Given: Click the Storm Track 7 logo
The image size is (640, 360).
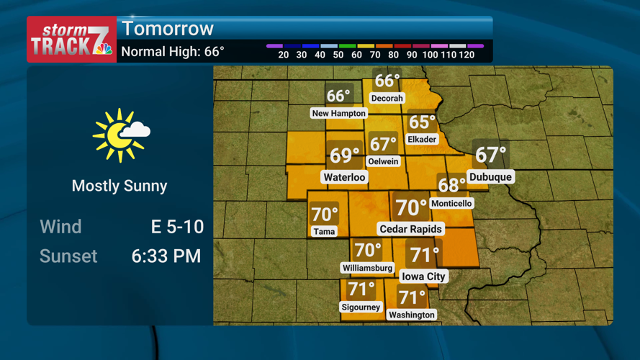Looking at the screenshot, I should (71, 40).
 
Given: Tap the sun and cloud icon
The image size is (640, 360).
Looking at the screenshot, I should (120, 135).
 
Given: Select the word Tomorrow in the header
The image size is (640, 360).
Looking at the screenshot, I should (168, 29).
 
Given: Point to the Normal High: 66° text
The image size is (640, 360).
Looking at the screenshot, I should (173, 52).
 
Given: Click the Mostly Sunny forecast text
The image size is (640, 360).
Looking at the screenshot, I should (120, 186).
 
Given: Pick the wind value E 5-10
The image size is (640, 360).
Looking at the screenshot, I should (177, 227).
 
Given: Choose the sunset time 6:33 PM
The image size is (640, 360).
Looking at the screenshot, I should (166, 256).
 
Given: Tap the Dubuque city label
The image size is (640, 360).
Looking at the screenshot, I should (490, 177).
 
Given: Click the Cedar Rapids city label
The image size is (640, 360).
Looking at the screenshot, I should (411, 229).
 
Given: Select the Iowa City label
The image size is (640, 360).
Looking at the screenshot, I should (423, 276).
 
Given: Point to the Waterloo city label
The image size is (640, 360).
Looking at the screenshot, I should (345, 177).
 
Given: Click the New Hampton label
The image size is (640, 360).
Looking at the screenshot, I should (338, 113).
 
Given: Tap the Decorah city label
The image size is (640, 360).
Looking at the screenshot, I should (387, 98).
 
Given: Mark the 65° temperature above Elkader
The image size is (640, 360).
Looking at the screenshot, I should (422, 122).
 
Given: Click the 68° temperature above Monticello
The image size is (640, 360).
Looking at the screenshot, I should (451, 186).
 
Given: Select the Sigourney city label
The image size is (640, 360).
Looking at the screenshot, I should (361, 307).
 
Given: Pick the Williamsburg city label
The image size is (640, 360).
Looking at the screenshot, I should (367, 268).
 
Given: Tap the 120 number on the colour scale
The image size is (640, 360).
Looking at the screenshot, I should (466, 55).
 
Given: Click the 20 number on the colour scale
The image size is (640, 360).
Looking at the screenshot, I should (284, 55).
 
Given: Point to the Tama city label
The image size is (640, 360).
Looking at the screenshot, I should (324, 231).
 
